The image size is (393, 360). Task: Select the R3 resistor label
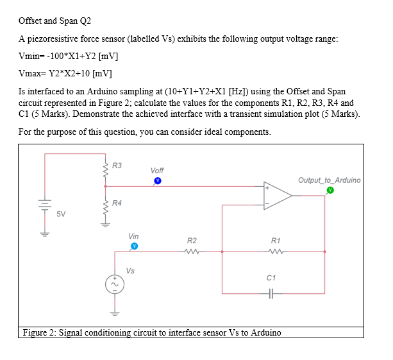(x=117, y=166)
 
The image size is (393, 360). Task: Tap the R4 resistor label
(x=117, y=203)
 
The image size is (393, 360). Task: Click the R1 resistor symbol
(x=276, y=251)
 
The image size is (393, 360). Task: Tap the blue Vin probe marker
(x=134, y=246)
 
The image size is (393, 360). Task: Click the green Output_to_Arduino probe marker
(x=330, y=190)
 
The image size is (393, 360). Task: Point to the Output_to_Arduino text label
(x=329, y=180)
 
